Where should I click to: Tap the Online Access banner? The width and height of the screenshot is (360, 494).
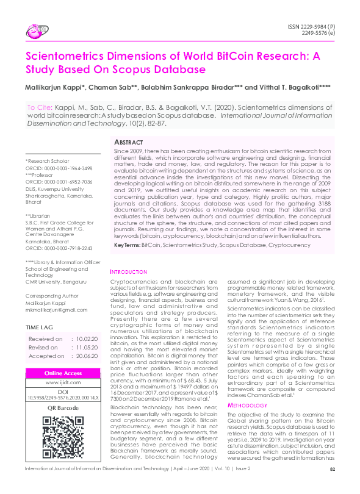point(63,373)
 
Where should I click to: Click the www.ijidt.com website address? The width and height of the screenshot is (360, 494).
point(63,383)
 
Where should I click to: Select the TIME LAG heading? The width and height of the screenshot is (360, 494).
point(43,327)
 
